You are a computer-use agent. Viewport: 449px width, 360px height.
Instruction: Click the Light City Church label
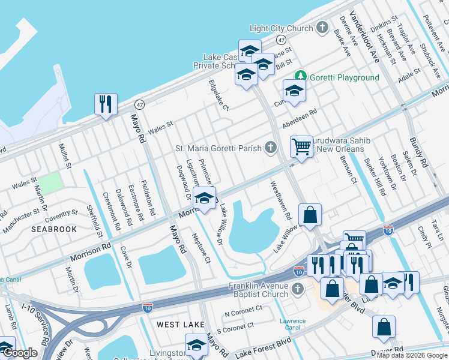[282, 28]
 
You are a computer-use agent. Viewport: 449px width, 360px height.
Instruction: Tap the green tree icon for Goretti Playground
[301, 77]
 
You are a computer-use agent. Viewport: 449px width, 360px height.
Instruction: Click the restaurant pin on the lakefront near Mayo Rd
[106, 104]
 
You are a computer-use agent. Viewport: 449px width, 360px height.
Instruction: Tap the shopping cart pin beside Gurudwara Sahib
[301, 146]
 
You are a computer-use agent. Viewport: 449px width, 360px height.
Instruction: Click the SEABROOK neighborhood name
[55, 229]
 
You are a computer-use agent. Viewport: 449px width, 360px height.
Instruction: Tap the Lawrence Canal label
[293, 325]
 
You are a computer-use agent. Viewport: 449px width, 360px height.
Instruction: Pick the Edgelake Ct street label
[218, 95]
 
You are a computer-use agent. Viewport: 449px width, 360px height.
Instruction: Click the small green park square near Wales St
[51, 182]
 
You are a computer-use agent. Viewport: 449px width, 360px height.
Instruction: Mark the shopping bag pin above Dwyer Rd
[384, 327]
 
